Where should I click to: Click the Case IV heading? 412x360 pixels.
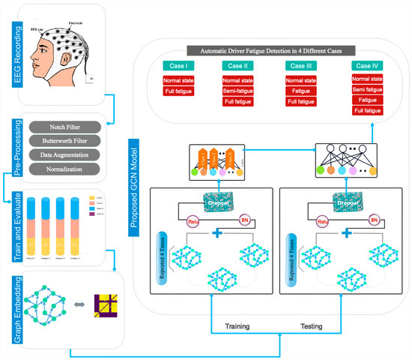coord(366,65)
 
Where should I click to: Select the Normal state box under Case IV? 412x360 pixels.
coord(366,78)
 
